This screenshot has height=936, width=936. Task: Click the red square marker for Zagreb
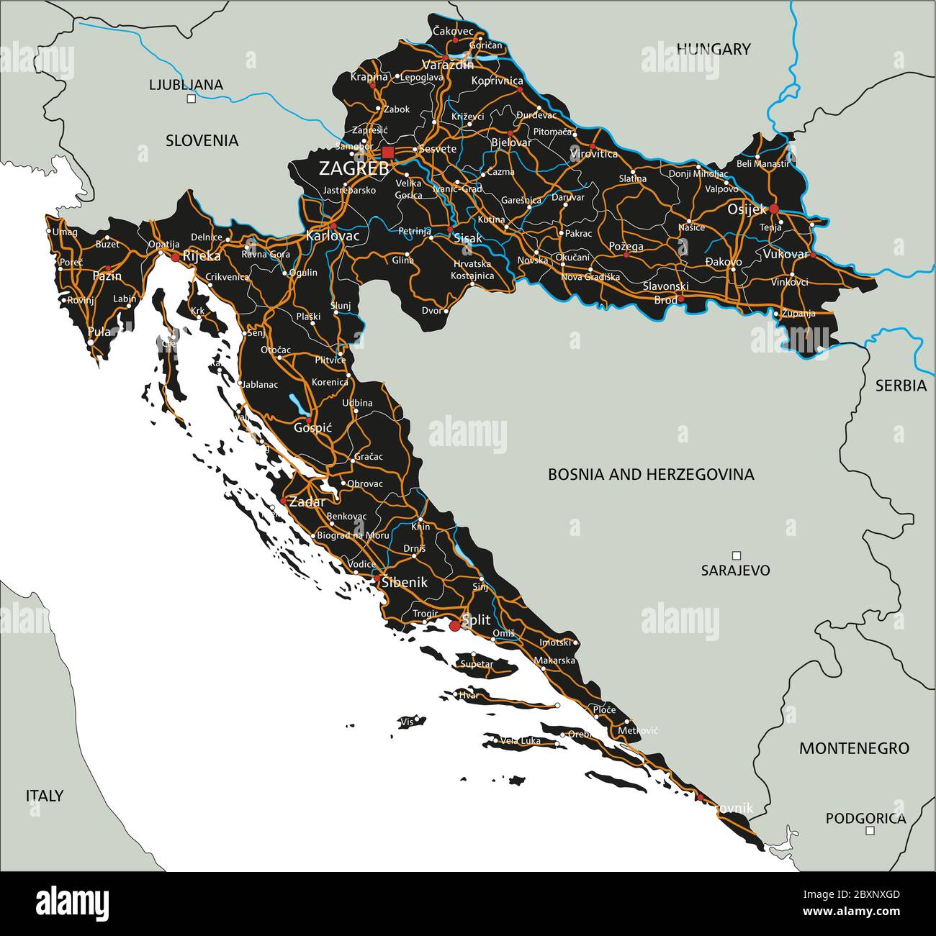click(388, 152)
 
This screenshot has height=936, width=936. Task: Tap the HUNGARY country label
click(713, 49)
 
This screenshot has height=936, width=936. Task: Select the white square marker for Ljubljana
click(191, 99)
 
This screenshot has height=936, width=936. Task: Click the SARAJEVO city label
click(735, 571)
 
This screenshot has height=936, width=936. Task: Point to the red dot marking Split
click(455, 627)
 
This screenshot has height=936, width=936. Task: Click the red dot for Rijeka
click(175, 256)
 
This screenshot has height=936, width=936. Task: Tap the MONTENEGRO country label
click(854, 748)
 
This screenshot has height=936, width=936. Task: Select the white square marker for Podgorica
click(870, 830)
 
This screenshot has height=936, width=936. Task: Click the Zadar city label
click(307, 502)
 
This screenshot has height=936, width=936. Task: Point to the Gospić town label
click(313, 427)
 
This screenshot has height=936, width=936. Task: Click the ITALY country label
click(45, 796)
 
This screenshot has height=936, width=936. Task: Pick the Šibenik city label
click(405, 583)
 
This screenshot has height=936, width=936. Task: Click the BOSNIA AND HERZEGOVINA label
click(651, 474)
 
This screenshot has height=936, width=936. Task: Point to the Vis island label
click(407, 721)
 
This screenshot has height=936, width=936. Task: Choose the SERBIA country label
click(901, 386)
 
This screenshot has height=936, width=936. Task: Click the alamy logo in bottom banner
click(72, 902)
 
